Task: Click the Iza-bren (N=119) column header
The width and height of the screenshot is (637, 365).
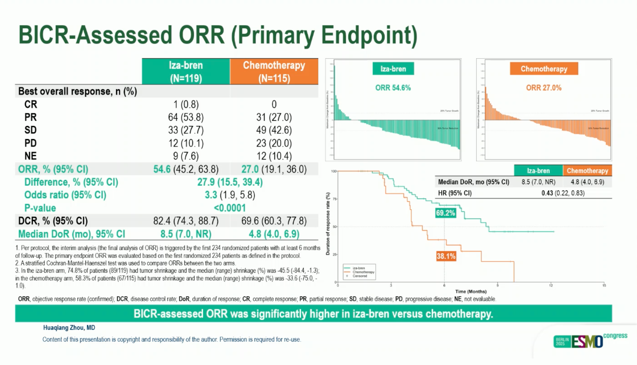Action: pos(186,71)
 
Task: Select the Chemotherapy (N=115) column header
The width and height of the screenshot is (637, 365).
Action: pos(274,71)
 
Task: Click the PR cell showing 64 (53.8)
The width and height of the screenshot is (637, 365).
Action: pos(186,117)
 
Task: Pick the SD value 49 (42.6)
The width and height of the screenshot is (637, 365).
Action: pos(274,130)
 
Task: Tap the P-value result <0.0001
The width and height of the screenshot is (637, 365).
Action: pos(230,208)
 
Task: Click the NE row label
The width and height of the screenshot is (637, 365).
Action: pos(30,156)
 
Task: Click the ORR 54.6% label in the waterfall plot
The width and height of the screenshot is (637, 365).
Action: pos(393,88)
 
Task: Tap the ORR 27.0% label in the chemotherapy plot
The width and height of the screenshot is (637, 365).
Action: pos(544,88)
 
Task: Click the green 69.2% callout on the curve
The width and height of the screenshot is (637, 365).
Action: pos(445,213)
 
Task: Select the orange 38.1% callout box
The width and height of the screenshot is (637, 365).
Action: pos(446,256)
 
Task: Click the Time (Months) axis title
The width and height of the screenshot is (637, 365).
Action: pos(471,292)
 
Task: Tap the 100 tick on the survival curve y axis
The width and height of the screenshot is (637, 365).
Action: pos(334,171)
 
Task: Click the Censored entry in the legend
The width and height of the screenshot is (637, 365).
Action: pos(360,276)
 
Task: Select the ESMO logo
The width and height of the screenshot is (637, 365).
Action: pos(587,341)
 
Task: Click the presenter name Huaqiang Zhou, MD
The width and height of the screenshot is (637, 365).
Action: pos(69,327)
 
